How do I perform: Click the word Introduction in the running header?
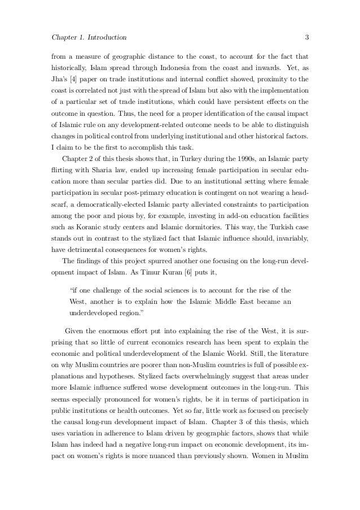(x=104, y=38)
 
